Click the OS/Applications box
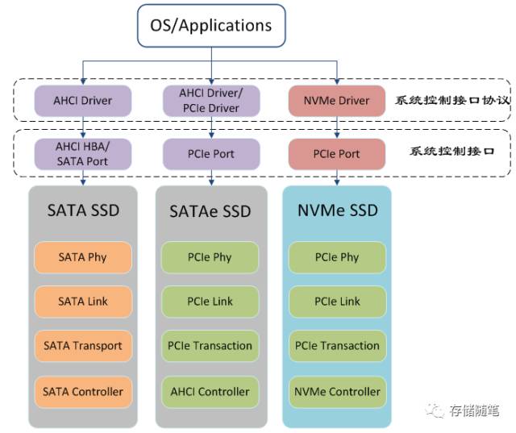211,26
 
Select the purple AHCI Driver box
83,101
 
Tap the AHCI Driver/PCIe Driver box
211,101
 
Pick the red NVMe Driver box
337,101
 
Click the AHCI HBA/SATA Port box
83,154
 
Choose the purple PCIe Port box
211,154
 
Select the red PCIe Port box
337,154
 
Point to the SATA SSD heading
83,210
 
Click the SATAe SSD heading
210,211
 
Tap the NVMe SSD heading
338,210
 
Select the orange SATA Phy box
83,257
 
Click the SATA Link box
83,302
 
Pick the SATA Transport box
83,346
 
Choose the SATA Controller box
83,392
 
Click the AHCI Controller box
210,392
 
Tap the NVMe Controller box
337,392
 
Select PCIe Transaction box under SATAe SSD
210,346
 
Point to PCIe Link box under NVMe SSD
337,302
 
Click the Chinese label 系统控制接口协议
453,100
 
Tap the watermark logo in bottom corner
435,410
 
